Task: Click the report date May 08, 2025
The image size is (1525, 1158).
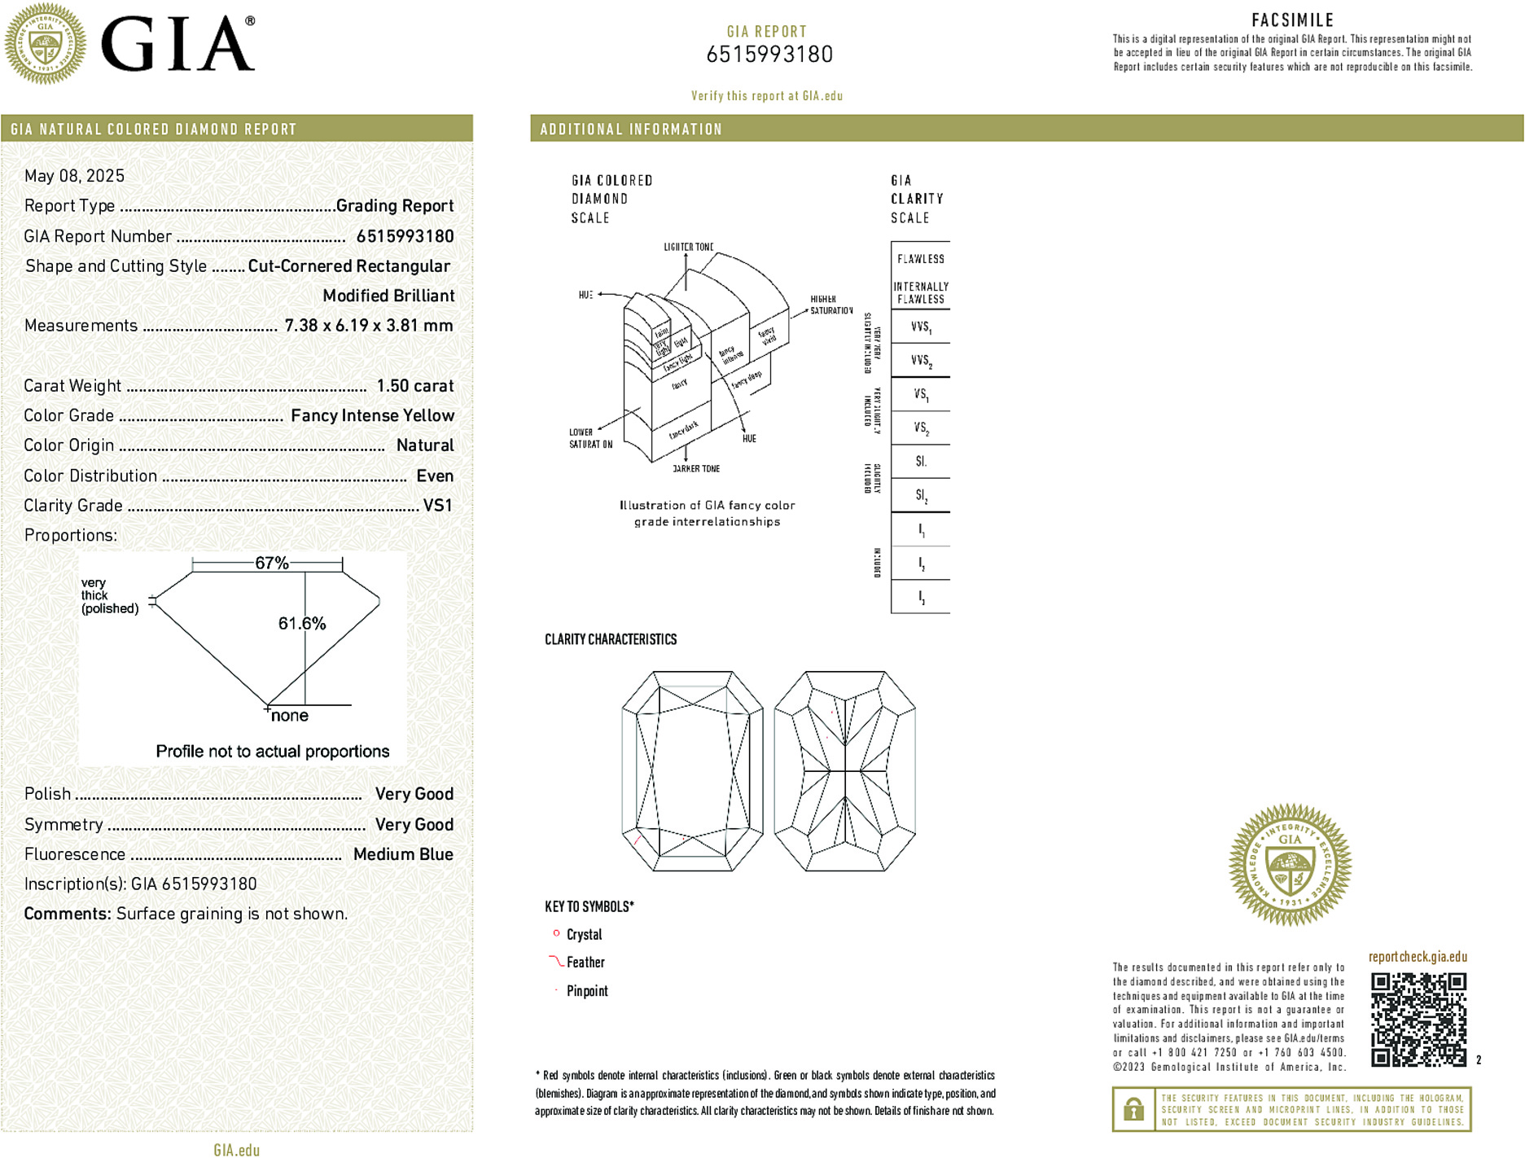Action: click(x=74, y=176)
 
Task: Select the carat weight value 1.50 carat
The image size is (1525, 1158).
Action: click(x=414, y=386)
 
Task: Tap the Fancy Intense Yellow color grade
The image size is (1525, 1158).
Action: click(x=372, y=416)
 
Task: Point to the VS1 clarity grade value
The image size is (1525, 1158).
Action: click(x=437, y=506)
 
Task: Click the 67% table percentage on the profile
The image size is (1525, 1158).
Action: click(x=271, y=563)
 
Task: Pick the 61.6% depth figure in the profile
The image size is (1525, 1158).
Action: click(x=302, y=624)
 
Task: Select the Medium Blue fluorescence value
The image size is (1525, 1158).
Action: click(x=403, y=854)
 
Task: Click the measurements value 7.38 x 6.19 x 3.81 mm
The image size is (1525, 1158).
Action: click(x=368, y=326)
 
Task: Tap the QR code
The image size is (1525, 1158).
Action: click(x=1418, y=1019)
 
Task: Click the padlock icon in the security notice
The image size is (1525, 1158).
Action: click(x=1133, y=1109)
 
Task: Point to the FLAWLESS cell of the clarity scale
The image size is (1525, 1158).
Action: click(x=920, y=259)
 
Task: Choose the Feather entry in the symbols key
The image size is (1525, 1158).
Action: click(x=585, y=963)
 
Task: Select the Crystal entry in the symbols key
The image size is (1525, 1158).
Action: click(x=584, y=935)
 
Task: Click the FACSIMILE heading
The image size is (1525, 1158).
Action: click(x=1292, y=20)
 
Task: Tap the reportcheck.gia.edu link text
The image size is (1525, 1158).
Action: click(x=1418, y=957)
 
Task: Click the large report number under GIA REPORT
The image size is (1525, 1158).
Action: click(x=769, y=55)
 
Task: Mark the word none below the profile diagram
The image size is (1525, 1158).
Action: click(x=290, y=716)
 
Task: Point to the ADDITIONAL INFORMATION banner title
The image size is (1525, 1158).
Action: click(x=631, y=129)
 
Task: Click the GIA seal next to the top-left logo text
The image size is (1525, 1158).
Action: click(x=45, y=44)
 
